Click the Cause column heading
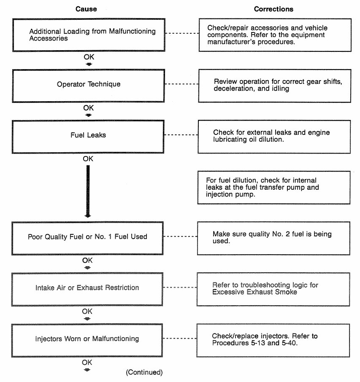coord(86,9)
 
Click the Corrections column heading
coord(273,9)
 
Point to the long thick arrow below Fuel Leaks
coord(88,191)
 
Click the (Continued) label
coord(144,372)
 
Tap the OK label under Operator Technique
coord(88,108)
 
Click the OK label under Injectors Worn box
coord(87,362)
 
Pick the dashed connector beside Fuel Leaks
coord(181,135)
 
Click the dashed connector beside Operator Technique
coord(182,84)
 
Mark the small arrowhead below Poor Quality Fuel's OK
coord(87,268)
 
